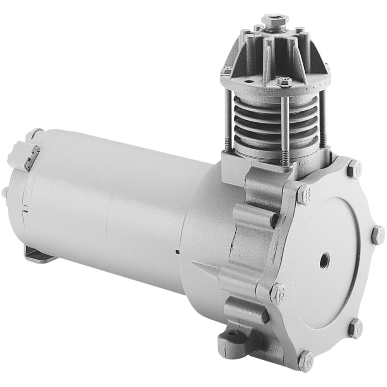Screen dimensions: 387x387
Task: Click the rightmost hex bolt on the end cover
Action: pos(377,235)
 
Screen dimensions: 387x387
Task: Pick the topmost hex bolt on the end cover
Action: pos(354,169)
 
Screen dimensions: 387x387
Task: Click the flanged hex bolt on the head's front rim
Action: pos(284,82)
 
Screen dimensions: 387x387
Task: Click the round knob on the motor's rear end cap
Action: pos(5,192)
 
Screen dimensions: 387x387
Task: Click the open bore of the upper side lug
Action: pos(274,220)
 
